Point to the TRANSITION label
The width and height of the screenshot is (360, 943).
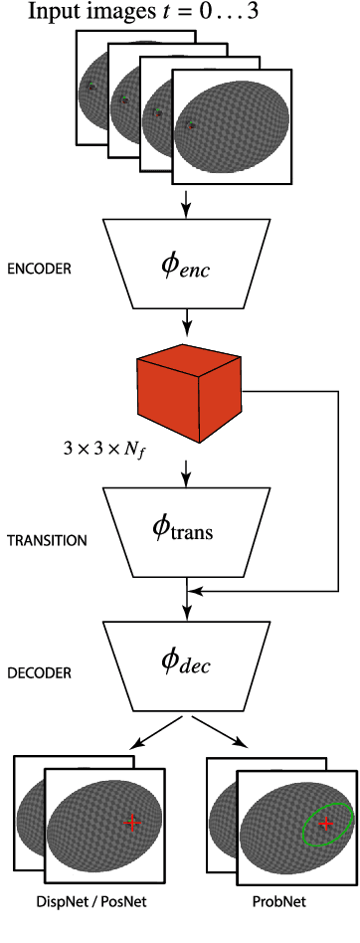tap(47, 541)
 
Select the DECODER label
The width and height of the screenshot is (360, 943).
tap(40, 673)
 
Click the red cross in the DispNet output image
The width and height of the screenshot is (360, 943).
tap(131, 822)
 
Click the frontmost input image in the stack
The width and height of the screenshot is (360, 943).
tap(232, 126)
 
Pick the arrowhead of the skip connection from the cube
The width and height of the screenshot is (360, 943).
tap(196, 593)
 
